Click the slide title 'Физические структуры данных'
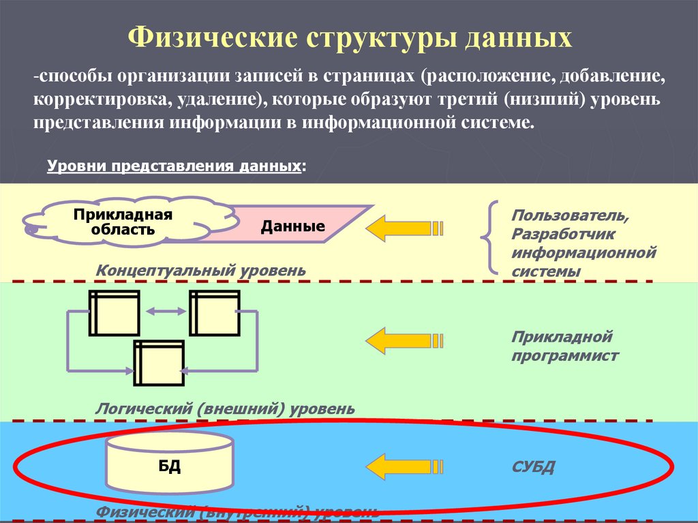[350, 37]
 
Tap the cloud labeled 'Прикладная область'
[123, 222]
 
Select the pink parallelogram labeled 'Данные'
[293, 226]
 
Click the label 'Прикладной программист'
[565, 346]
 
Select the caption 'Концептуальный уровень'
[201, 270]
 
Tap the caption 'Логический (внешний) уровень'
[225, 408]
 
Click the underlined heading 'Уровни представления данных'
[174, 166]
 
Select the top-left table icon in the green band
[114, 313]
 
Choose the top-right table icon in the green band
[214, 313]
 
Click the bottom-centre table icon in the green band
[159, 362]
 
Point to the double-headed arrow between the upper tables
[166, 311]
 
